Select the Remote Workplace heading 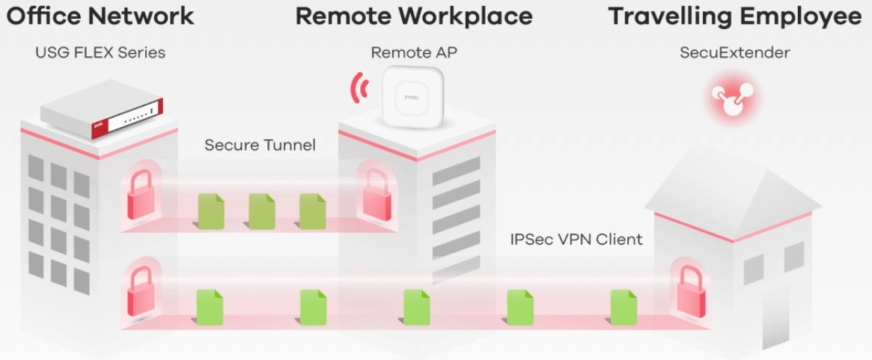(414, 16)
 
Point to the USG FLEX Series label (100, 53)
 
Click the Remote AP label (413, 53)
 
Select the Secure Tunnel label (260, 145)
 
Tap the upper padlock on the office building (141, 194)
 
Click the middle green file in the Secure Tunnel (262, 211)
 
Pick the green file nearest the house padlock (623, 307)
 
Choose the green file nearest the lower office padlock (210, 307)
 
